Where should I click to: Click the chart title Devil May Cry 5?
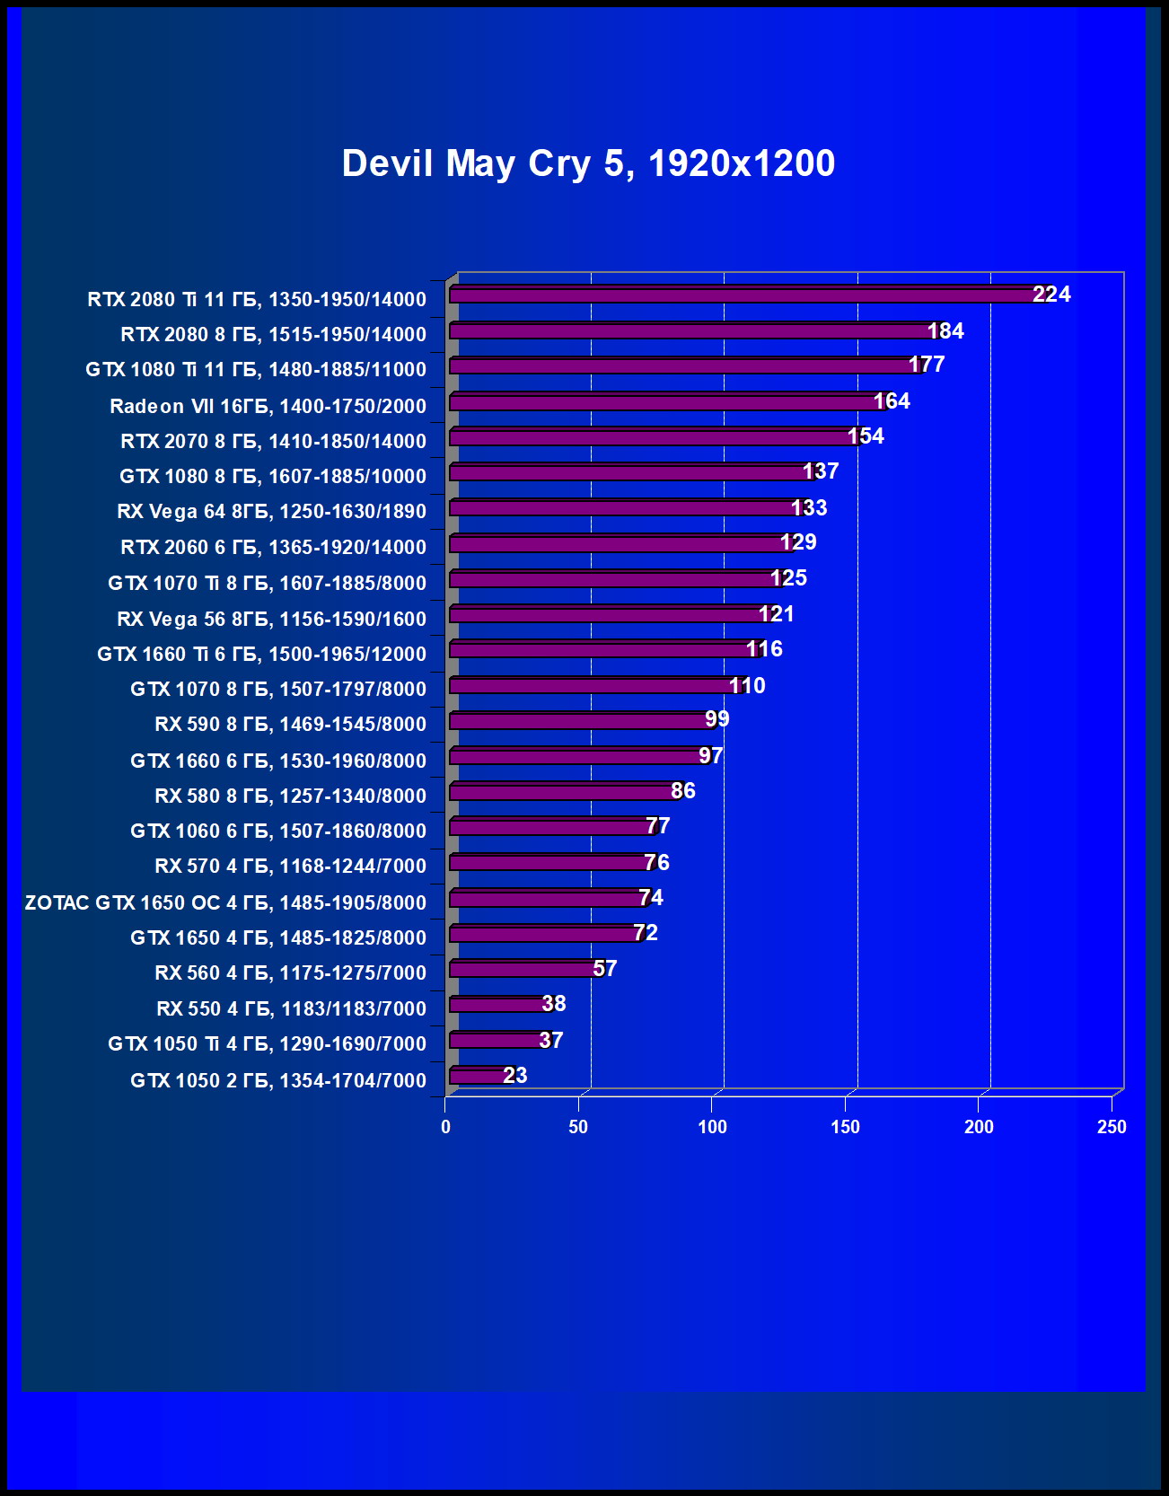[588, 163]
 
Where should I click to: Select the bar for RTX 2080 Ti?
[745, 295]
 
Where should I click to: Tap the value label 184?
[945, 331]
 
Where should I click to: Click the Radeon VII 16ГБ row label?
[268, 406]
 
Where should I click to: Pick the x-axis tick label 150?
[845, 1127]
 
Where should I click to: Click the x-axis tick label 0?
[445, 1127]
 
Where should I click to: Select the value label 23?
[515, 1076]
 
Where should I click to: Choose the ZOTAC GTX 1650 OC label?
[225, 902]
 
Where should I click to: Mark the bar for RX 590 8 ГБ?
[581, 721]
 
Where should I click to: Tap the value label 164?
[892, 401]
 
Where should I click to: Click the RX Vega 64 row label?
[271, 511]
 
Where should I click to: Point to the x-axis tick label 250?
[1112, 1127]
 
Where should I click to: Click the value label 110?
[747, 686]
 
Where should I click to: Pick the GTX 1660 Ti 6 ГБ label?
[261, 654]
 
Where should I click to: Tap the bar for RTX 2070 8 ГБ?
[652, 437]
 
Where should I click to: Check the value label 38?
[554, 1004]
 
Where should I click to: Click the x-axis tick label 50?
[578, 1127]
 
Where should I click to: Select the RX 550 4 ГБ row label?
[291, 1008]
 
